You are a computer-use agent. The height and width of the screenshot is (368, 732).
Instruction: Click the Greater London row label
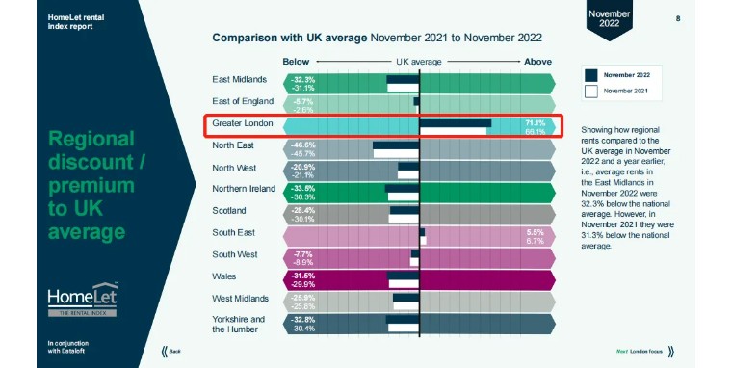tap(243, 124)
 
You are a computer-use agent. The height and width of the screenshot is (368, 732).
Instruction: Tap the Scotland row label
tap(230, 210)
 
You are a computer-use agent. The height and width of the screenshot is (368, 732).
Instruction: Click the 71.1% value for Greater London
tap(535, 122)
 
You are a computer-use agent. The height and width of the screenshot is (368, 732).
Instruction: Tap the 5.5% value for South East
tap(536, 232)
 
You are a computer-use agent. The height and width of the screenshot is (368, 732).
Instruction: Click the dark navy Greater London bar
tap(456, 123)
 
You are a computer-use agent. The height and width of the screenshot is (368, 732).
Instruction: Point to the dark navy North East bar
tap(396, 145)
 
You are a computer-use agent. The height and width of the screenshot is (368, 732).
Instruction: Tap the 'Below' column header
tap(296, 62)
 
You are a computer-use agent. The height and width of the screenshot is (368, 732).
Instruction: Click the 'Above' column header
tap(536, 62)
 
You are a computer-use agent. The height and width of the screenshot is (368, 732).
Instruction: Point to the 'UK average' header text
tap(419, 62)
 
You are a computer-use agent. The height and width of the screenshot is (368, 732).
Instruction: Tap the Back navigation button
tap(171, 352)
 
